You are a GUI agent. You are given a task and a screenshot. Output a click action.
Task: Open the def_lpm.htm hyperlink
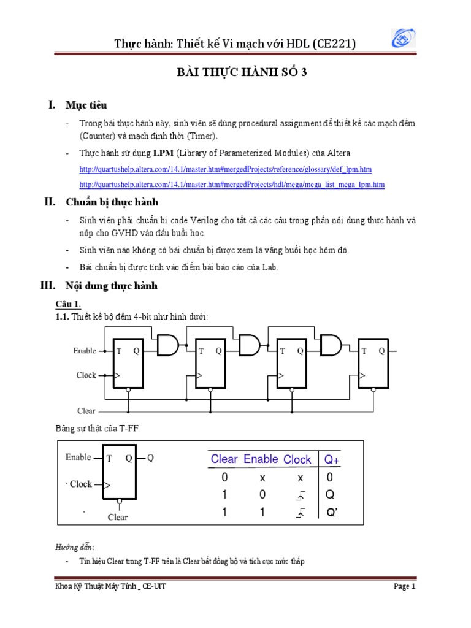pyautogui.click(x=226, y=169)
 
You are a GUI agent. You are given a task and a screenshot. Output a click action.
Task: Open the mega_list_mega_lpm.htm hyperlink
pyautogui.click(x=232, y=184)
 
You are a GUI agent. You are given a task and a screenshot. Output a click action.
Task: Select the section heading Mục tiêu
pyautogui.click(x=86, y=105)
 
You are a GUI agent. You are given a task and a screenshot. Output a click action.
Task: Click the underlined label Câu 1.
pyautogui.click(x=68, y=305)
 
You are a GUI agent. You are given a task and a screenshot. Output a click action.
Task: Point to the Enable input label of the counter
pyautogui.click(x=85, y=351)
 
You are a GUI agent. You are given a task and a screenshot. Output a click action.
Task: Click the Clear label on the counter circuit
pyautogui.click(x=86, y=411)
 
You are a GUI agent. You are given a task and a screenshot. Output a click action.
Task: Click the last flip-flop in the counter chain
pyautogui.click(x=373, y=363)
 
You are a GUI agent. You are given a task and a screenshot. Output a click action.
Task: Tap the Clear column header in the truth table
pyautogui.click(x=224, y=459)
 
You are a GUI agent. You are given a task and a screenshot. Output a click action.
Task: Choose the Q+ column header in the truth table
pyautogui.click(x=332, y=459)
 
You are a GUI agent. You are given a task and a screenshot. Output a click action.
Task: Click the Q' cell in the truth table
pyautogui.click(x=332, y=513)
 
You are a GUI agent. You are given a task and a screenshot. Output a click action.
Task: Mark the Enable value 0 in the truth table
pyautogui.click(x=262, y=495)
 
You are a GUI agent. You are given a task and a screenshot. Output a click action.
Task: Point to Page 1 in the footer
pyautogui.click(x=404, y=587)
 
